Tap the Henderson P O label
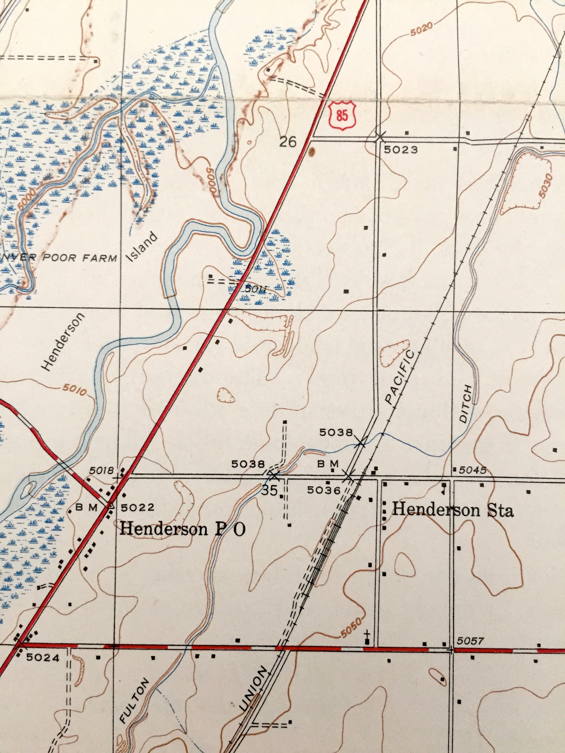click(x=182, y=529)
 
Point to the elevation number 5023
click(x=401, y=150)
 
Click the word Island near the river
click(x=143, y=247)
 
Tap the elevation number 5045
click(x=473, y=470)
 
